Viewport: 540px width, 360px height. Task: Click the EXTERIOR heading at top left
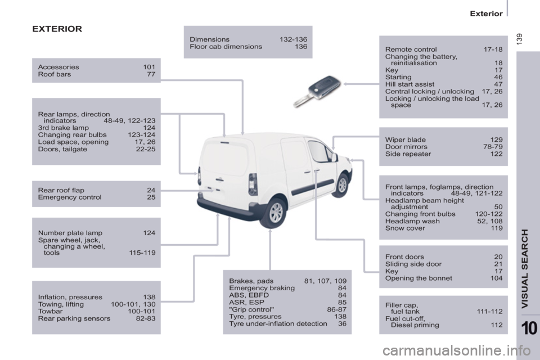click(x=57, y=29)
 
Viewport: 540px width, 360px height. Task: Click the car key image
click(x=317, y=91)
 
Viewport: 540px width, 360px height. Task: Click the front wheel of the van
click(x=342, y=185)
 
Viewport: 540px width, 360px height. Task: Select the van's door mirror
click(x=334, y=157)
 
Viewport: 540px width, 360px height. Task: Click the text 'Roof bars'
click(x=55, y=74)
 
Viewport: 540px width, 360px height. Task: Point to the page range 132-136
click(x=294, y=39)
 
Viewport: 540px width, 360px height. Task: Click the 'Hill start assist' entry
click(x=409, y=84)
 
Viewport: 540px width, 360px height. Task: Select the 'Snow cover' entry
click(x=405, y=228)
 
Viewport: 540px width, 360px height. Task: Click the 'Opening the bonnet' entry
click(x=418, y=278)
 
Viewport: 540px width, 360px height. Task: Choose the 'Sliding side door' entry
click(x=413, y=264)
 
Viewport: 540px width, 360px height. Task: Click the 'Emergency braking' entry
click(x=262, y=288)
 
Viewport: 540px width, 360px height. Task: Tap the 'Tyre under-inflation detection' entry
click(x=278, y=324)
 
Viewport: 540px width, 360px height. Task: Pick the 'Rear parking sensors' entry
click(x=74, y=319)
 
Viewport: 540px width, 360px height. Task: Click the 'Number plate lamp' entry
click(x=70, y=233)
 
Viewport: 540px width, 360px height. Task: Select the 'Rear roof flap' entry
click(x=61, y=190)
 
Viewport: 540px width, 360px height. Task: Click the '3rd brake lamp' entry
click(x=63, y=128)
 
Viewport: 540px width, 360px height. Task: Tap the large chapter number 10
click(x=529, y=328)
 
